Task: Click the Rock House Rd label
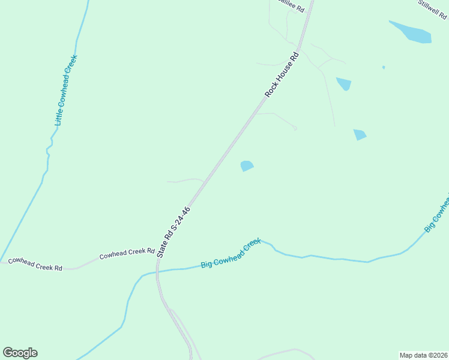[x=282, y=76]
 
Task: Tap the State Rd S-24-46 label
[x=174, y=232]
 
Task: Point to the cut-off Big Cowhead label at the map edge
[x=437, y=217]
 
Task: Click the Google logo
[x=20, y=353]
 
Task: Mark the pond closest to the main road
[x=247, y=166]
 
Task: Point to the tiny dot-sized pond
[x=384, y=67]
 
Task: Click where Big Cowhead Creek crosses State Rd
[x=157, y=271]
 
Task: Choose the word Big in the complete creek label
[x=207, y=264]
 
